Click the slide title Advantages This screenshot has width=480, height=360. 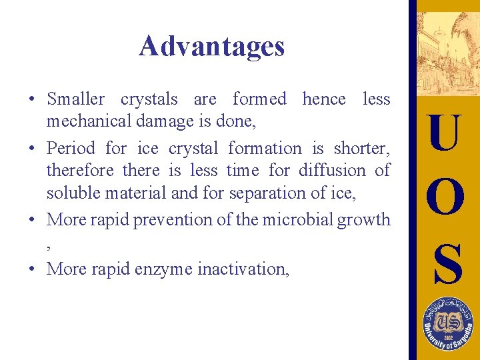[x=211, y=46]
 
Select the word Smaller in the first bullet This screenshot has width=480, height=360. [x=75, y=99]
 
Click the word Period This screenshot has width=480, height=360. [x=71, y=147]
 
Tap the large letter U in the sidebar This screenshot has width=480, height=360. [x=445, y=133]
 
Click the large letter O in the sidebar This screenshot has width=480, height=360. [x=445, y=197]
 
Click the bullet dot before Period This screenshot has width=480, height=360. [x=32, y=149]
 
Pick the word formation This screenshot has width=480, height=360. [x=265, y=147]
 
